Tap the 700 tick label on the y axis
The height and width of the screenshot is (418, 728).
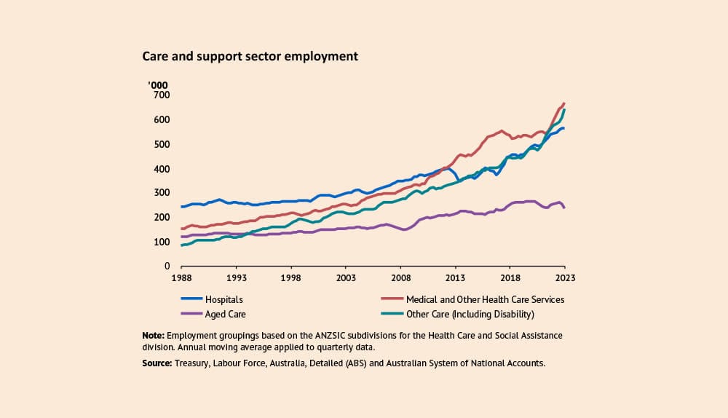162,95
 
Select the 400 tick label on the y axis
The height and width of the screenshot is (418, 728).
162,169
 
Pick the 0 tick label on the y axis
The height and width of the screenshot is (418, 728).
167,267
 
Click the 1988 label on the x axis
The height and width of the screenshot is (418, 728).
181,278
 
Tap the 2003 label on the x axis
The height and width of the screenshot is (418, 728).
345,278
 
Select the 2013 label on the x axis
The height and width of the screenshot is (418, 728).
455,278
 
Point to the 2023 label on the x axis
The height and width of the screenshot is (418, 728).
565,278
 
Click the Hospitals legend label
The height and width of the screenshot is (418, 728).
224,299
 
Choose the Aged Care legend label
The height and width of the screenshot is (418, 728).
226,314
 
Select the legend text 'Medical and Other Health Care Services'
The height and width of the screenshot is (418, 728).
485,299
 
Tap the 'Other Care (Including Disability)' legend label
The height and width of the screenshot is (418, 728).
470,314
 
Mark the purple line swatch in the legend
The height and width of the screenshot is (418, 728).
191,314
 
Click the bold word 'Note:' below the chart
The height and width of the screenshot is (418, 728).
154,336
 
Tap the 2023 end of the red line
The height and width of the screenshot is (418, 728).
564,103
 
